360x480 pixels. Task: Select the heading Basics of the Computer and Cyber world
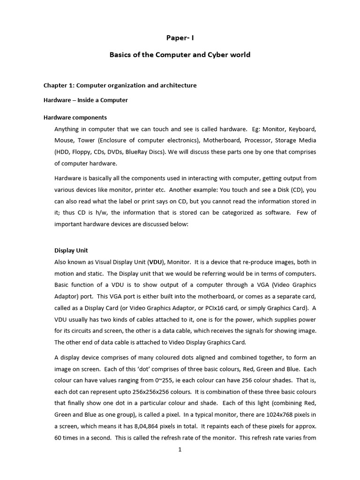(x=180, y=55)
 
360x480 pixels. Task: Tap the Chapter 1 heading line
(x=120, y=85)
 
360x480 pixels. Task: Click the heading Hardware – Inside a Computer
(x=85, y=100)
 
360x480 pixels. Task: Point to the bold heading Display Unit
(x=71, y=250)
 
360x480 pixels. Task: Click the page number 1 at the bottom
(x=180, y=450)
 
